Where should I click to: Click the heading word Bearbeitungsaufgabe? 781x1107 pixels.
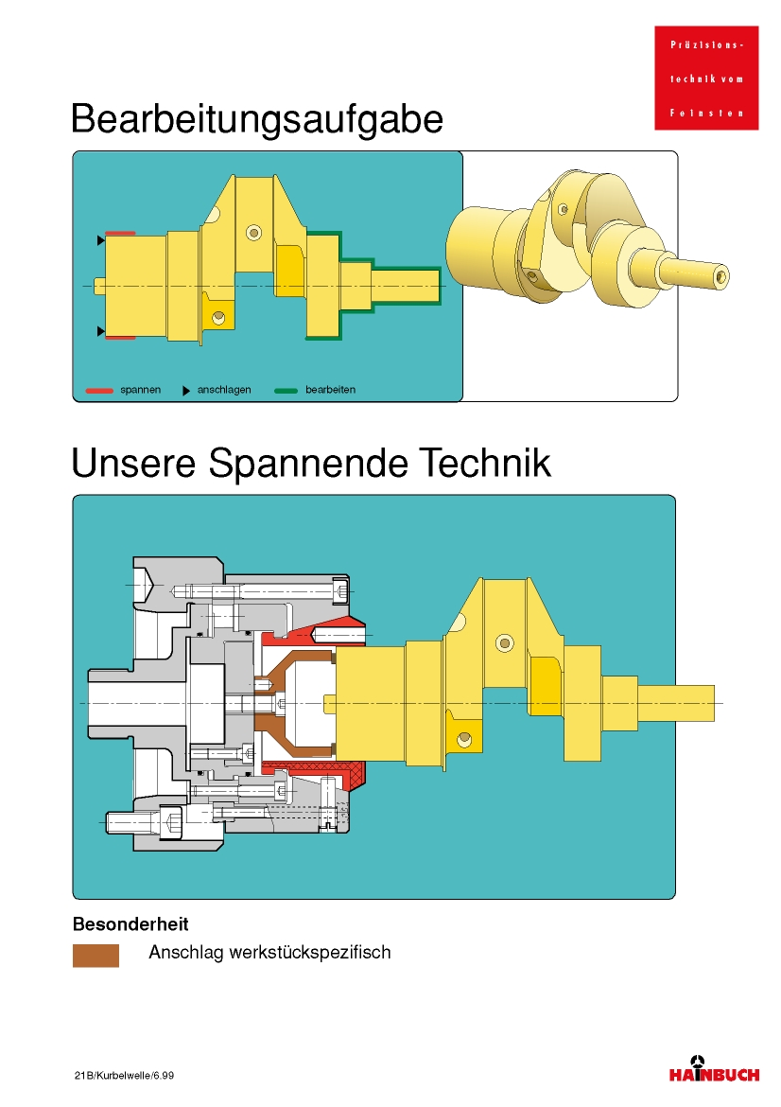coord(257,119)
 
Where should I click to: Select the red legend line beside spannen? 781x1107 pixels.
coord(99,391)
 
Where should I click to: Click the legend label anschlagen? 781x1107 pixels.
coord(224,390)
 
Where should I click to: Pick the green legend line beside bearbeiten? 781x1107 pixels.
coord(286,391)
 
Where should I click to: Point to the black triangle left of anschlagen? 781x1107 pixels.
coord(186,391)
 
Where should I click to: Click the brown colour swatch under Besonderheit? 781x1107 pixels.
coord(95,956)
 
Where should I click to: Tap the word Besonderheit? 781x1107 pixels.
coord(130,924)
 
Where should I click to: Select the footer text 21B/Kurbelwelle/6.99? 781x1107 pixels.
coord(124,1075)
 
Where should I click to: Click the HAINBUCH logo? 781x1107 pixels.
coord(714,1069)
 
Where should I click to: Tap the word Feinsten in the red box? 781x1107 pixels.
coord(706,113)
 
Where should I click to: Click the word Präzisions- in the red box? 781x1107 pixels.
coord(706,44)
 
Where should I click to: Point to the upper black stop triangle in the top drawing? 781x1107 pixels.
coord(101,240)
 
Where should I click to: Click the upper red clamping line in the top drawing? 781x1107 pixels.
coord(120,233)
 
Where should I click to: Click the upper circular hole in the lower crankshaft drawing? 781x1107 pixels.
coord(505,642)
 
